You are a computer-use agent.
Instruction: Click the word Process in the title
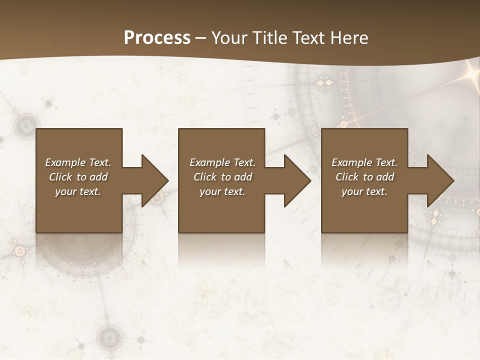point(157,38)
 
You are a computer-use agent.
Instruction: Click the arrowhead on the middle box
point(297,180)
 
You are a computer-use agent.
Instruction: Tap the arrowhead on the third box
point(440,180)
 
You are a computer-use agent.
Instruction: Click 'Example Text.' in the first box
point(78,162)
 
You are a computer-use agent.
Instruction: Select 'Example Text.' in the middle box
point(222,162)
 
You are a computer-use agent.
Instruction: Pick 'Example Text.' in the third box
point(364,162)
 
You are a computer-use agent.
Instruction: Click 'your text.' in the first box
point(78,191)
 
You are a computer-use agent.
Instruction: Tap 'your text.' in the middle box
point(222,191)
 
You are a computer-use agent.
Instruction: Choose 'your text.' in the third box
point(364,191)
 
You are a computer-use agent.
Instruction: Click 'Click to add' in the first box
point(78,177)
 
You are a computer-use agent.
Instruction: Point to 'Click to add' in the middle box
point(222,177)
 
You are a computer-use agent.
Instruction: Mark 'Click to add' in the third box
point(364,177)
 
